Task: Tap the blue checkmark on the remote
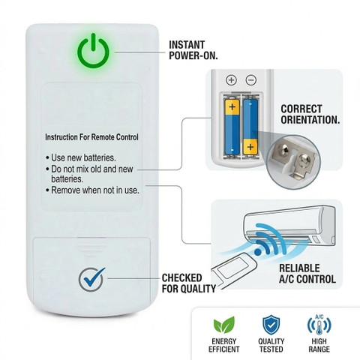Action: tap(94, 278)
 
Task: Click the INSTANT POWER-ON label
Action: tap(193, 50)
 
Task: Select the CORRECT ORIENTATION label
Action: tap(310, 114)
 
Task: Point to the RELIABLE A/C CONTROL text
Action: tap(307, 274)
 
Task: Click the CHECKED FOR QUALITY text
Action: tap(189, 283)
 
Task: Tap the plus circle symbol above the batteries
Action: tap(231, 80)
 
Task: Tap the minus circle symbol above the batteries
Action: tap(251, 80)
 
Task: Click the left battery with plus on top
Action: tap(232, 127)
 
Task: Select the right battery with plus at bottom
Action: tap(250, 127)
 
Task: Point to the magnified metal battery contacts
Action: tap(294, 160)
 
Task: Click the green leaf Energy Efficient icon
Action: tap(224, 325)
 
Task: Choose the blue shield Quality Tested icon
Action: tap(271, 325)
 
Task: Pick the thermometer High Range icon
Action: tap(319, 325)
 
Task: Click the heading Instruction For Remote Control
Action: tap(91, 137)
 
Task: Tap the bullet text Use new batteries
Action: tap(81, 157)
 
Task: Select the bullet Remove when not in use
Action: tap(92, 190)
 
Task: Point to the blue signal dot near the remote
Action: tap(257, 252)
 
